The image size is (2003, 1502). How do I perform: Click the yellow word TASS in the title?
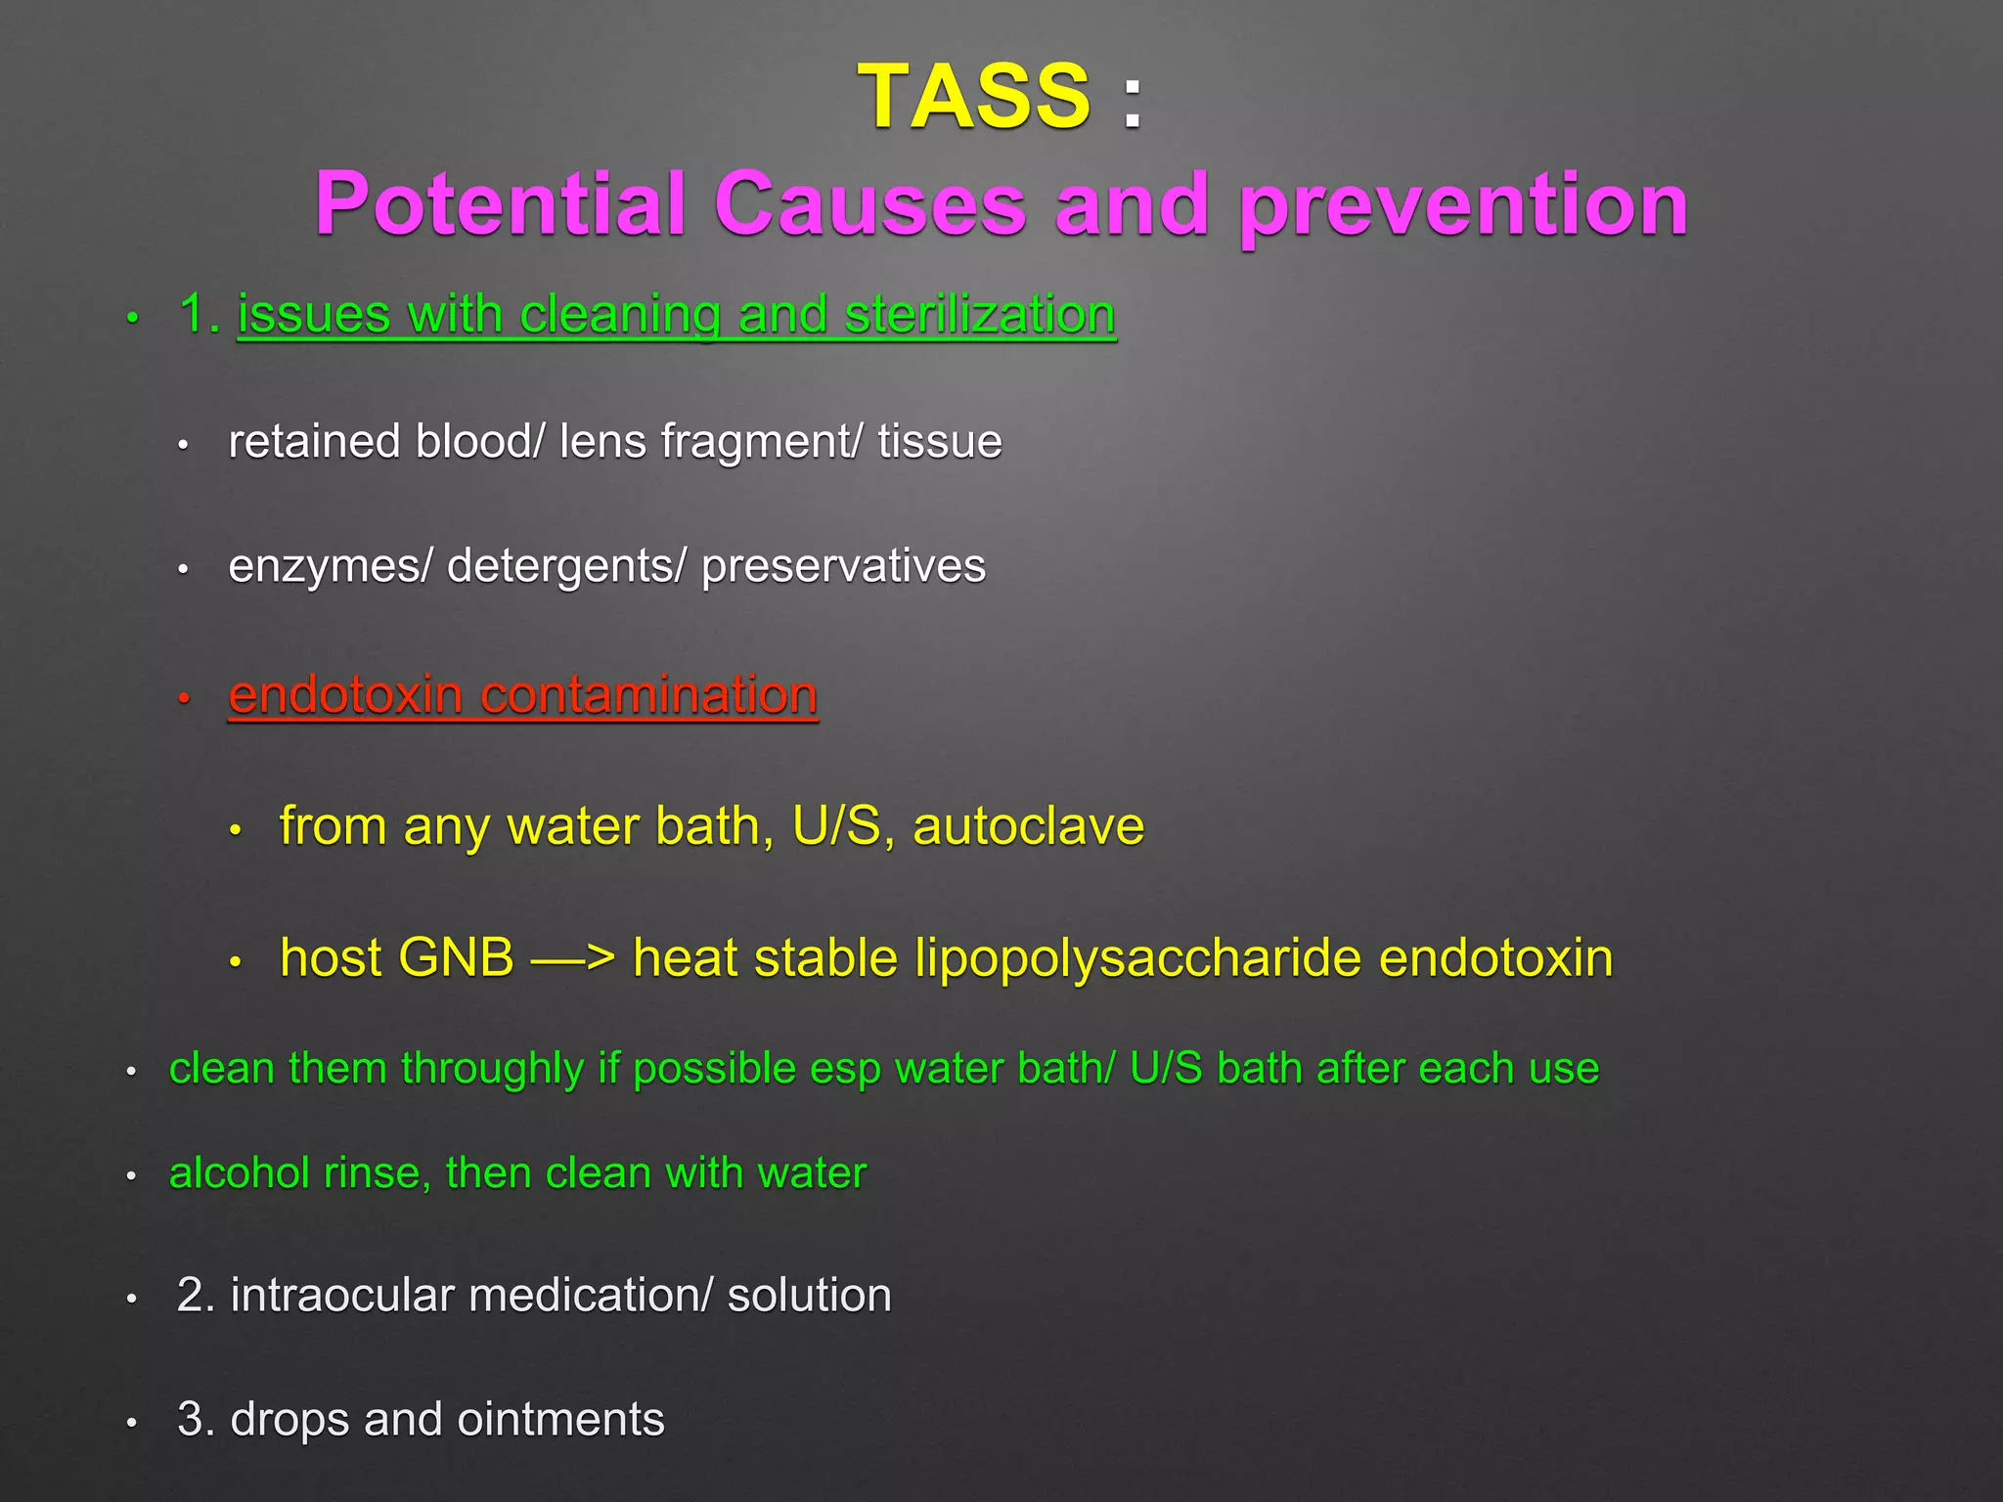974,96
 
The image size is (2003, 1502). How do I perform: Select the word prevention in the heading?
1464,204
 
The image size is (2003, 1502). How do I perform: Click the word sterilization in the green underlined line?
979,315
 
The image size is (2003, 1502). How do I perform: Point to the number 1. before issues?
200,315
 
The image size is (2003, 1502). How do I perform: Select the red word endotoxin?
345,695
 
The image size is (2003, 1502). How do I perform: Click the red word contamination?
648,695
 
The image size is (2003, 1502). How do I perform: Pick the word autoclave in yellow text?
1028,826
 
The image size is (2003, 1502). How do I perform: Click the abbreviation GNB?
455,957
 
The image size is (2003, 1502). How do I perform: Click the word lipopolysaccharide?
1138,957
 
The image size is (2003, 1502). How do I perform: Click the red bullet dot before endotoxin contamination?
183,699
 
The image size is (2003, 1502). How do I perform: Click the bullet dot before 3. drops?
131,1424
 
